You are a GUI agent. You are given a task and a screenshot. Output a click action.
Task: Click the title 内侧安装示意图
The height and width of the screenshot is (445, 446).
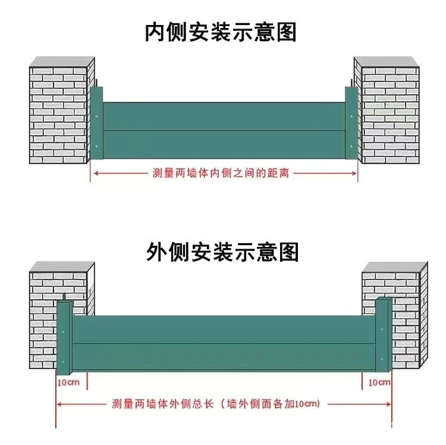click(221, 32)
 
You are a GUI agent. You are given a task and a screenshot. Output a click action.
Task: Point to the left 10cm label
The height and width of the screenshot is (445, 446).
click(68, 381)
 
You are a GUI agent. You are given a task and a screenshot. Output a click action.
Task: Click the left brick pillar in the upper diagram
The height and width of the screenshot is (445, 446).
click(59, 113)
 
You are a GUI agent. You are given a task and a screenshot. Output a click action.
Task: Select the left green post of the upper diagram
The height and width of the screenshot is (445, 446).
click(97, 124)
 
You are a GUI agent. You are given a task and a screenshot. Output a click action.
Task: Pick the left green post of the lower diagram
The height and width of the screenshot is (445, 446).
click(64, 336)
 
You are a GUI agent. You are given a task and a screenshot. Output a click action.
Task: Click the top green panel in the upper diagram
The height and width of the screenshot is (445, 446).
click(224, 116)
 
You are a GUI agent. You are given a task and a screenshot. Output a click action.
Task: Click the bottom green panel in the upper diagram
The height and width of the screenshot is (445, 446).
click(224, 145)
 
